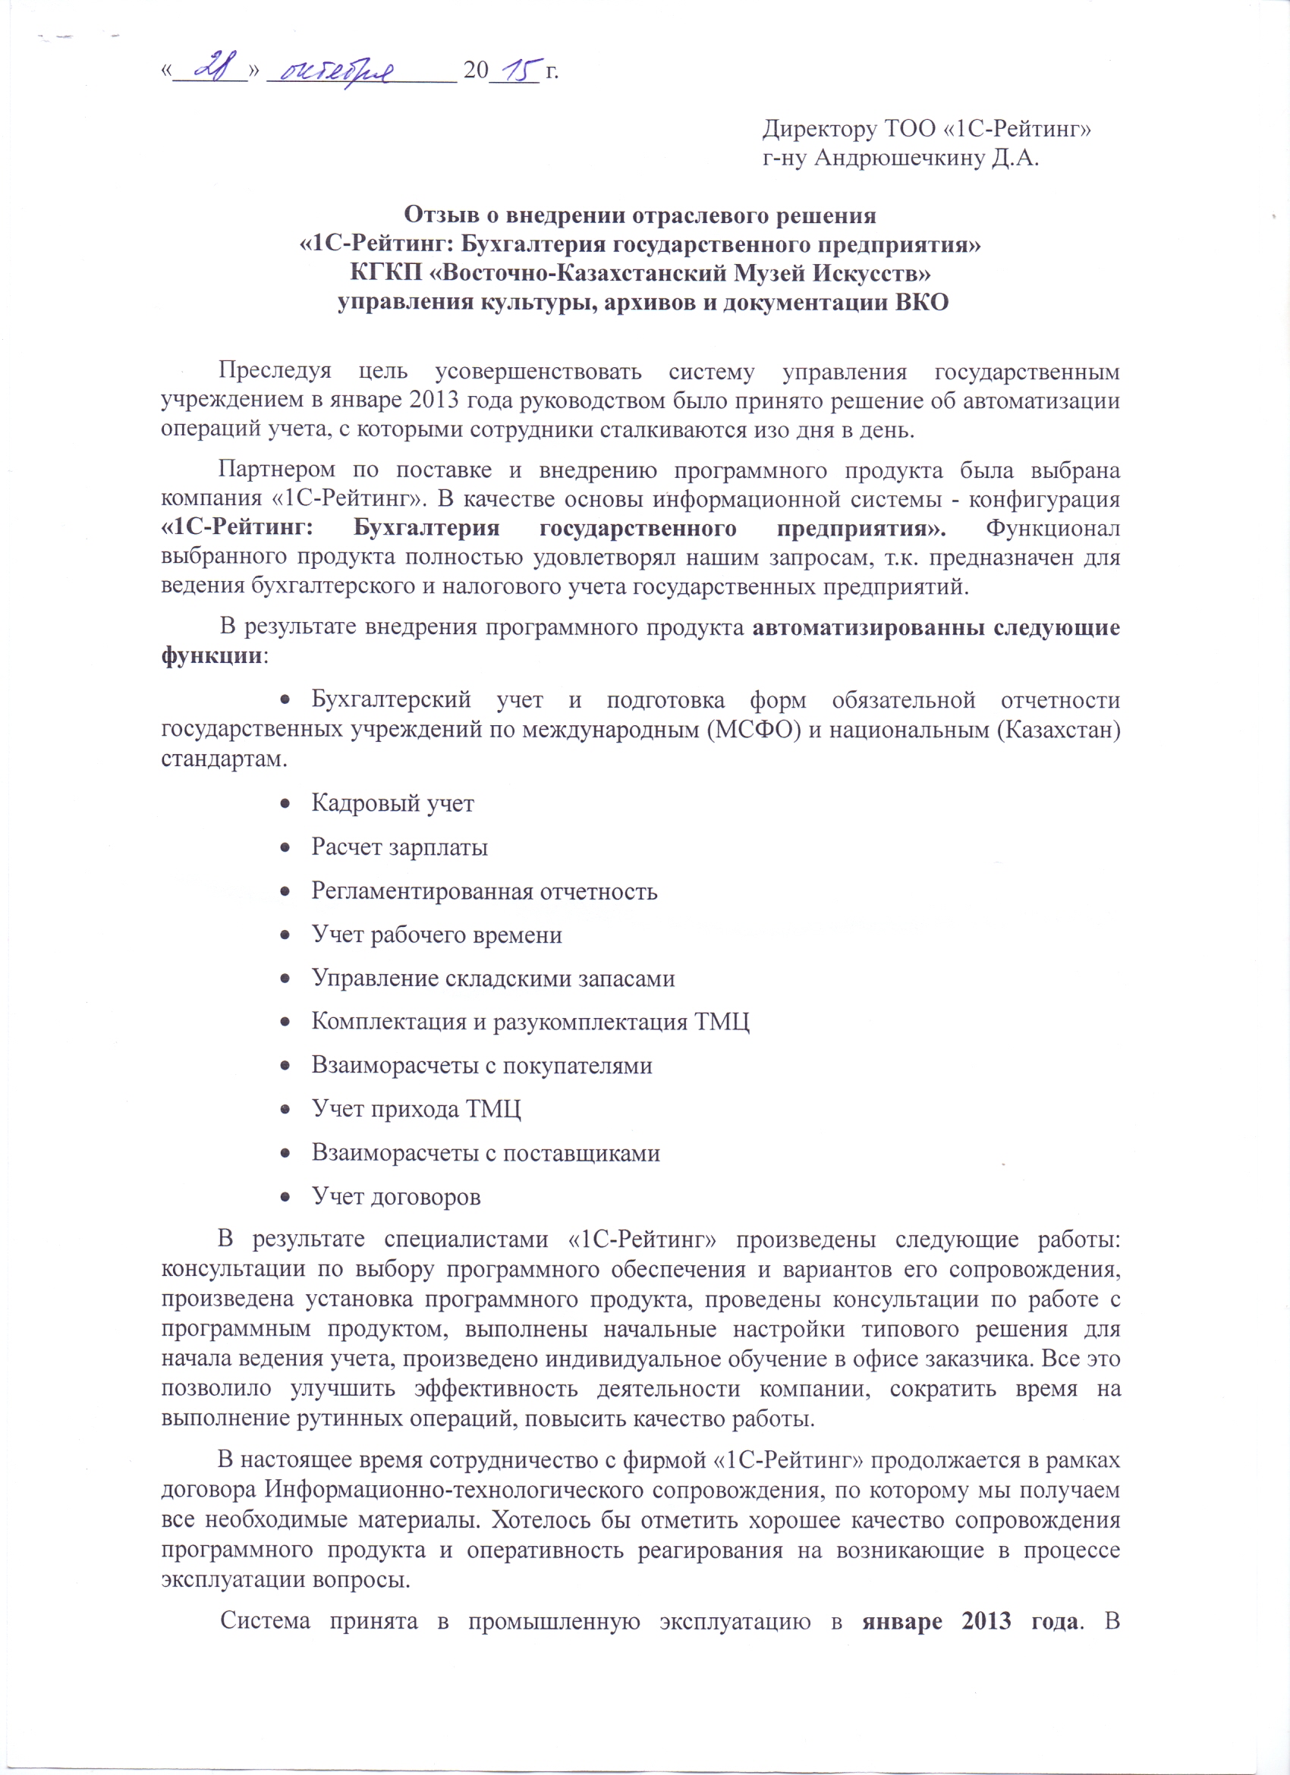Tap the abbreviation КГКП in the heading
click(x=383, y=274)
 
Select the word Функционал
click(x=1052, y=528)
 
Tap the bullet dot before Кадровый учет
click(x=287, y=804)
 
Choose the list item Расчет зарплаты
click(x=399, y=847)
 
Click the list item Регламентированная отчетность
click(x=484, y=891)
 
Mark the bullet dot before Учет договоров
click(x=287, y=1198)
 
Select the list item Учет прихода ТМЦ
click(x=416, y=1110)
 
